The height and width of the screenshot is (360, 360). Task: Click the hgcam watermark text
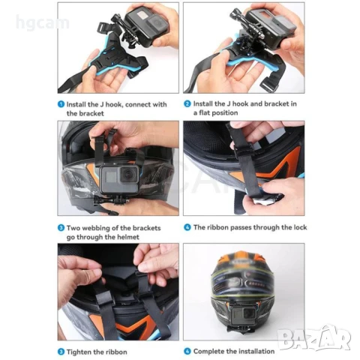tap(42, 23)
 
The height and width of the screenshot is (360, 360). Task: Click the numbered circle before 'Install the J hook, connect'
tap(61, 104)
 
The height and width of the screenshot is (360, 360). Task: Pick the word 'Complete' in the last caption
tap(211, 350)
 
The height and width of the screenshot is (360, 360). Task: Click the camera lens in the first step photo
tap(144, 20)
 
